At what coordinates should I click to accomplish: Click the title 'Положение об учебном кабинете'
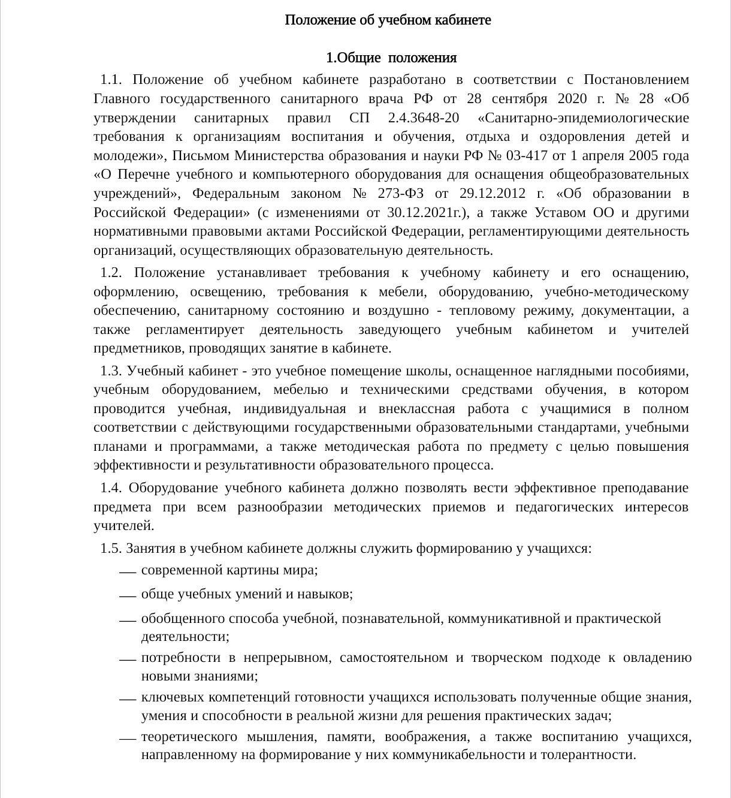[x=388, y=20]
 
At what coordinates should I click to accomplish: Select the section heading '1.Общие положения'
[x=391, y=58]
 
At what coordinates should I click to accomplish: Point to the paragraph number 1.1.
[x=111, y=80]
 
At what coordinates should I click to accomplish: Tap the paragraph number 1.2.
[x=111, y=273]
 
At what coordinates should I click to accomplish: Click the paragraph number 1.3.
[x=111, y=371]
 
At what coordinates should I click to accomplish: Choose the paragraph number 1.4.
[x=111, y=488]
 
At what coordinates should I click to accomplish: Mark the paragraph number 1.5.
[x=111, y=549]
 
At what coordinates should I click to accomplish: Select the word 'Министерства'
[x=273, y=156]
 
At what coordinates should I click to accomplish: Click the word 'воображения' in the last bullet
[x=427, y=737]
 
